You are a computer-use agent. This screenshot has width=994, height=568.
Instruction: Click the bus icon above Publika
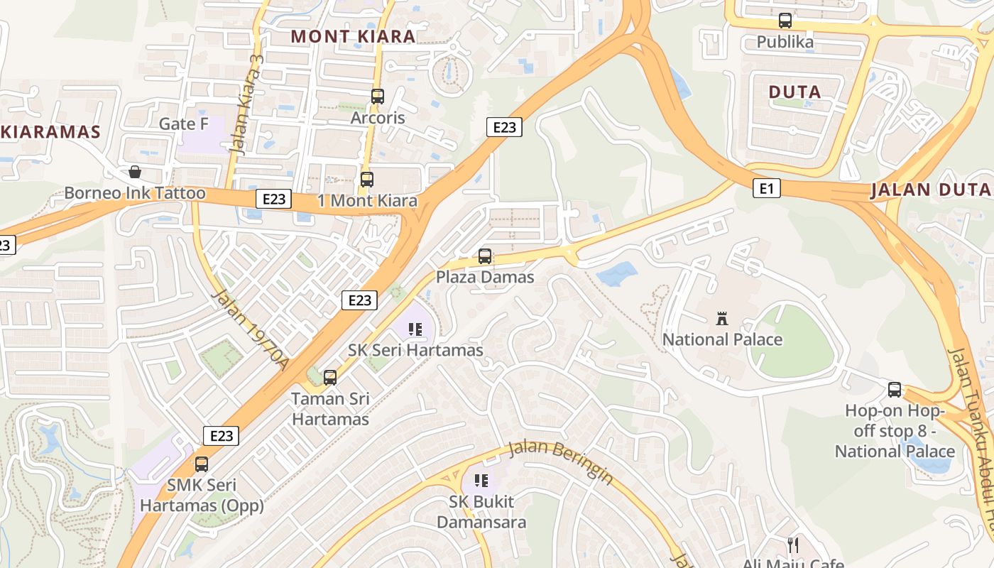click(x=785, y=21)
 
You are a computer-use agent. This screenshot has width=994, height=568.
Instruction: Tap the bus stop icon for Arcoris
click(x=378, y=96)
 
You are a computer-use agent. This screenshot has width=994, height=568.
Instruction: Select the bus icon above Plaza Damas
click(x=485, y=256)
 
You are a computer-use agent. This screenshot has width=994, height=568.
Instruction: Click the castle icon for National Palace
click(x=722, y=318)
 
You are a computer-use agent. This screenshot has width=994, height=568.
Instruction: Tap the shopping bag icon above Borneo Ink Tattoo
click(x=134, y=172)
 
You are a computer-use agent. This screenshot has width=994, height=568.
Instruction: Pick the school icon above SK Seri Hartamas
click(x=415, y=329)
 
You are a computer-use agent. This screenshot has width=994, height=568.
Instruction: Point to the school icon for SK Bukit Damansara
click(x=481, y=481)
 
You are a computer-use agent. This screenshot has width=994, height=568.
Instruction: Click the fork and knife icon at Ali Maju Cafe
click(x=793, y=545)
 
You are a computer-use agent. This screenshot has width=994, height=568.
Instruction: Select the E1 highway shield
click(x=765, y=188)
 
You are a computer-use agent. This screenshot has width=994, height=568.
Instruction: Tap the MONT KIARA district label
click(x=353, y=36)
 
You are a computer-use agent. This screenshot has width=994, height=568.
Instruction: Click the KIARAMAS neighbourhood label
click(x=50, y=131)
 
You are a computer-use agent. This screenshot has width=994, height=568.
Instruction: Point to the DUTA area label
click(x=795, y=92)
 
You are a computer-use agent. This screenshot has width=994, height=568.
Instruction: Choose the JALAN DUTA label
click(x=930, y=190)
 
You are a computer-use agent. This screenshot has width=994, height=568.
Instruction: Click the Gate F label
click(x=183, y=124)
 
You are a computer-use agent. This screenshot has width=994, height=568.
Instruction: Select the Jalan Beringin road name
click(x=561, y=462)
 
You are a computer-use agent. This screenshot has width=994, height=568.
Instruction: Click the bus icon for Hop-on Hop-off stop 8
click(x=895, y=389)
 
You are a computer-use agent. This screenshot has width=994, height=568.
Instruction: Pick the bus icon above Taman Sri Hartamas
click(x=330, y=377)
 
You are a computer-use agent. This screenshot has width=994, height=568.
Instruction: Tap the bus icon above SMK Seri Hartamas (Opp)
click(x=202, y=464)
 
